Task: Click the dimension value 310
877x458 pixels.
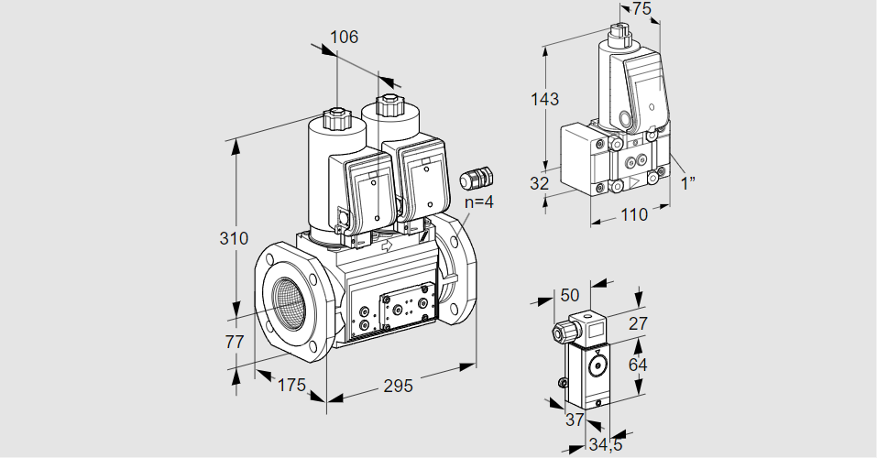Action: pos(236,240)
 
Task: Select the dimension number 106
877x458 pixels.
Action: pos(344,38)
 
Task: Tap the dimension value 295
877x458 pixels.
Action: pos(398,386)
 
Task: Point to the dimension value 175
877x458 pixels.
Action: pos(291,385)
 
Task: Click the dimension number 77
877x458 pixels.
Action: pos(235,342)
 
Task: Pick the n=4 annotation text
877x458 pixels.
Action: pos(478,202)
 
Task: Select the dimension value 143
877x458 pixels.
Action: pos(544,99)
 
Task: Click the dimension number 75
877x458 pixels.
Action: pos(641,9)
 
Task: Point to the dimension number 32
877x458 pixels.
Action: pos(539,183)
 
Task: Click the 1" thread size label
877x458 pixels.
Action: pos(687,181)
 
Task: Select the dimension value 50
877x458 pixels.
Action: pos(570,295)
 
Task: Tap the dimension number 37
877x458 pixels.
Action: pos(575,420)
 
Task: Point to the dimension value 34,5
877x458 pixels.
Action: pos(604,446)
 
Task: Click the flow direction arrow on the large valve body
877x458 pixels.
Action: pos(387,245)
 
